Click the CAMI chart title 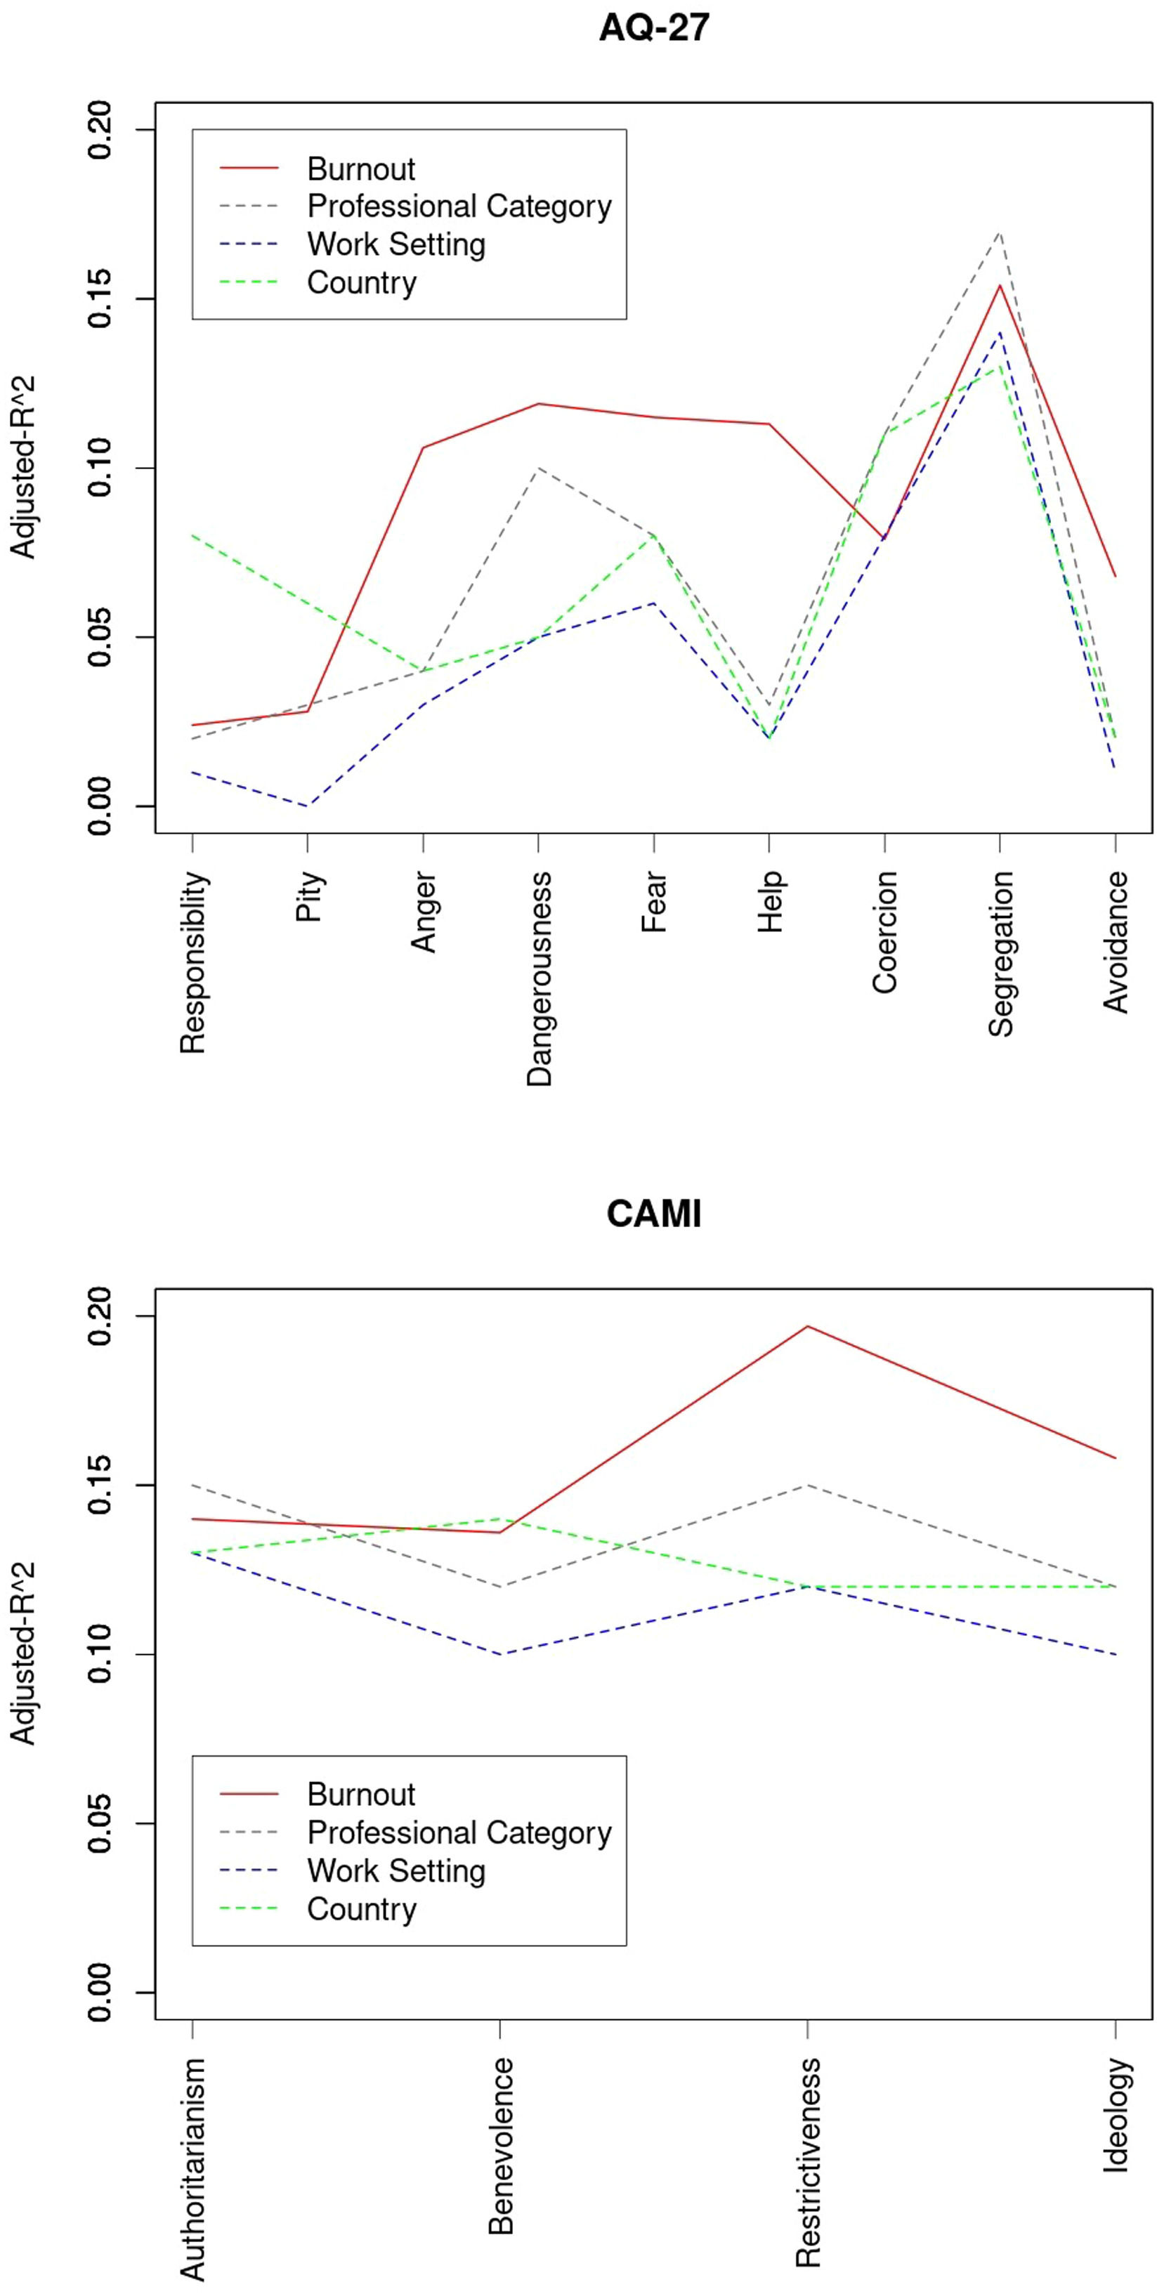pos(654,1214)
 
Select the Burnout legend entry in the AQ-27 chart pos(360,169)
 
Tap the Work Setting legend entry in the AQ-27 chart pos(396,244)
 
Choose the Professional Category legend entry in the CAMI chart pos(459,1833)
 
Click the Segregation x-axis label pos(1000,954)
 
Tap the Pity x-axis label pos(308,898)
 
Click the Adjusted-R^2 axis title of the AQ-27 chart pos(23,468)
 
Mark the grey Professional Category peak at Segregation pos(1000,232)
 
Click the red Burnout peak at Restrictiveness pos(807,1326)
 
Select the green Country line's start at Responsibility pos(192,535)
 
